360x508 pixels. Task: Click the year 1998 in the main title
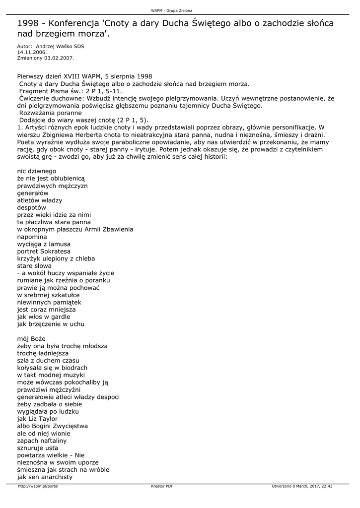28,24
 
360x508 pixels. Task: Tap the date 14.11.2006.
32,52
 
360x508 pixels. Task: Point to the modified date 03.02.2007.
59,58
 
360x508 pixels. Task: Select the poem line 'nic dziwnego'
37,171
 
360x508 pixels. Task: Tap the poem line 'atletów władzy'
40,200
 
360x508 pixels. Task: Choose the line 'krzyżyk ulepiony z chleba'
56,258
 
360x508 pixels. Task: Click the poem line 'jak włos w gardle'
44,317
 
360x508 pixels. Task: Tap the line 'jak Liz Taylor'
37,419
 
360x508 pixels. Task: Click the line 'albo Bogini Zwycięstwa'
52,426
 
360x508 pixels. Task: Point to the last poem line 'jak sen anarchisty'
45,477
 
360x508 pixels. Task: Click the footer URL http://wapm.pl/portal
38,486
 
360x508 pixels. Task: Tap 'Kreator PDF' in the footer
162,486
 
